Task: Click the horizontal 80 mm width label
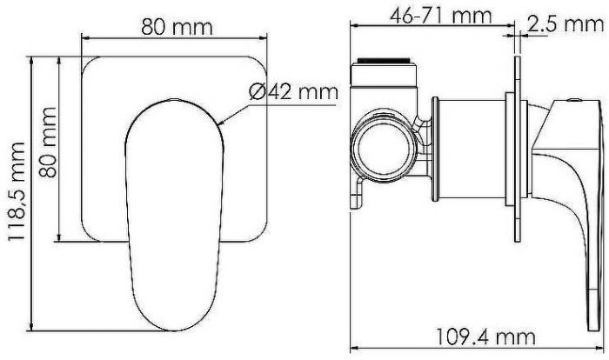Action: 177,26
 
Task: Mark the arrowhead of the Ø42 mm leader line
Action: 224,123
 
